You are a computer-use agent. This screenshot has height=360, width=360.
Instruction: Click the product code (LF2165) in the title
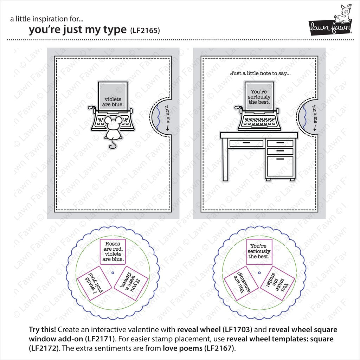click(x=145, y=31)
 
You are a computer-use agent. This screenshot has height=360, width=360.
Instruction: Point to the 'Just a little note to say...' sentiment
click(x=261, y=73)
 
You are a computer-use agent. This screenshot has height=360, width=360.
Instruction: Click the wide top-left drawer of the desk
click(x=246, y=143)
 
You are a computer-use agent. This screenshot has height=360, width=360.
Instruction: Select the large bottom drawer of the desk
click(x=280, y=166)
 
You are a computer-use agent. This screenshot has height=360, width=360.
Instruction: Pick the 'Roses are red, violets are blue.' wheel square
click(x=112, y=252)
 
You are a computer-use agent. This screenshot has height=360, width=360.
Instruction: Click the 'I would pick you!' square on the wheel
click(x=94, y=283)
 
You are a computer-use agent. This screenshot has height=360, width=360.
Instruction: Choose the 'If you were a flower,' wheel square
click(x=131, y=283)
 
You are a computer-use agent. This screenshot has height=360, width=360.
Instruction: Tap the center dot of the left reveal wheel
click(x=112, y=273)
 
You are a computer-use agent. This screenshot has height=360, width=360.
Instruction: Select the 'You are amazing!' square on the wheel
click(x=241, y=283)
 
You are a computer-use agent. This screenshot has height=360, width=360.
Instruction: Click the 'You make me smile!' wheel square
click(x=278, y=283)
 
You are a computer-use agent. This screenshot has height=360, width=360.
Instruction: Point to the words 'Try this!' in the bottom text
click(x=42, y=330)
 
